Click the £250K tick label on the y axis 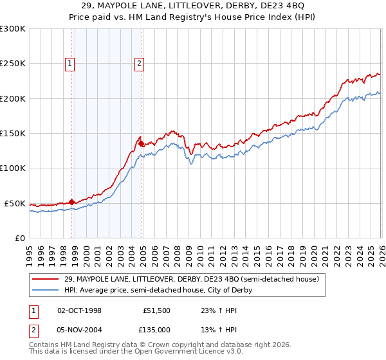tap(13, 64)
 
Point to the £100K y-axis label tap(13, 168)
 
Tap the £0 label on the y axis tap(20, 238)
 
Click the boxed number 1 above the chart tap(69, 63)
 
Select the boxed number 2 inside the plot tap(139, 63)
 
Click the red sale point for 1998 tap(71, 202)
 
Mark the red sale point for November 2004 tap(141, 144)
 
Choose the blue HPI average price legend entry tap(158, 291)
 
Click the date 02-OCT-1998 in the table tap(79, 310)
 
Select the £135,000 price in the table tap(156, 329)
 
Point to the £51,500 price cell tap(156, 310)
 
